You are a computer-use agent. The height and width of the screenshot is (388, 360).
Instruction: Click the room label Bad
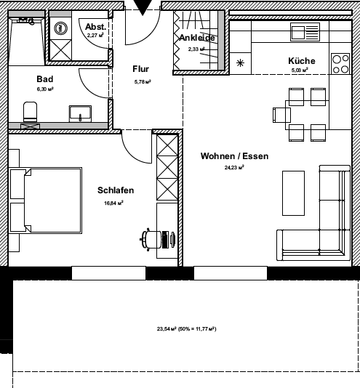point(44,79)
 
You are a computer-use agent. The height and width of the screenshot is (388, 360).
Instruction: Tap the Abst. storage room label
point(95,26)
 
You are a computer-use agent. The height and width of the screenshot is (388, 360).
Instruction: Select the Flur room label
point(140,69)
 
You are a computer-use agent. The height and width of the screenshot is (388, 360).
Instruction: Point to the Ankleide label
point(197,39)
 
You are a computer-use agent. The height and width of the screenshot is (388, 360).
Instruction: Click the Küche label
point(300,61)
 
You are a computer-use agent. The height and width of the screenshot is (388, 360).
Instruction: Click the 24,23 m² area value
point(233,167)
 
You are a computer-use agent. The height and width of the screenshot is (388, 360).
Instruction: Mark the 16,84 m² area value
point(114,203)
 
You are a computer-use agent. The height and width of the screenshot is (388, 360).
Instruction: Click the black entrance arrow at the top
point(143,7)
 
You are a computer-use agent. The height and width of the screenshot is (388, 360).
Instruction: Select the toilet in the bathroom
point(31,113)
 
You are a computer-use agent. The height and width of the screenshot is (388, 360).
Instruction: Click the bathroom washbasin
point(79,113)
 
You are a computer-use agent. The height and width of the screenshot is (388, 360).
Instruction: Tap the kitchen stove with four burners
point(340,64)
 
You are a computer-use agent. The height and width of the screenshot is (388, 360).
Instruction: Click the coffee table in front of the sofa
point(293,193)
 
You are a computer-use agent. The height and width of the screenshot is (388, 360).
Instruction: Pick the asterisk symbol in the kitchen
point(241,62)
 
